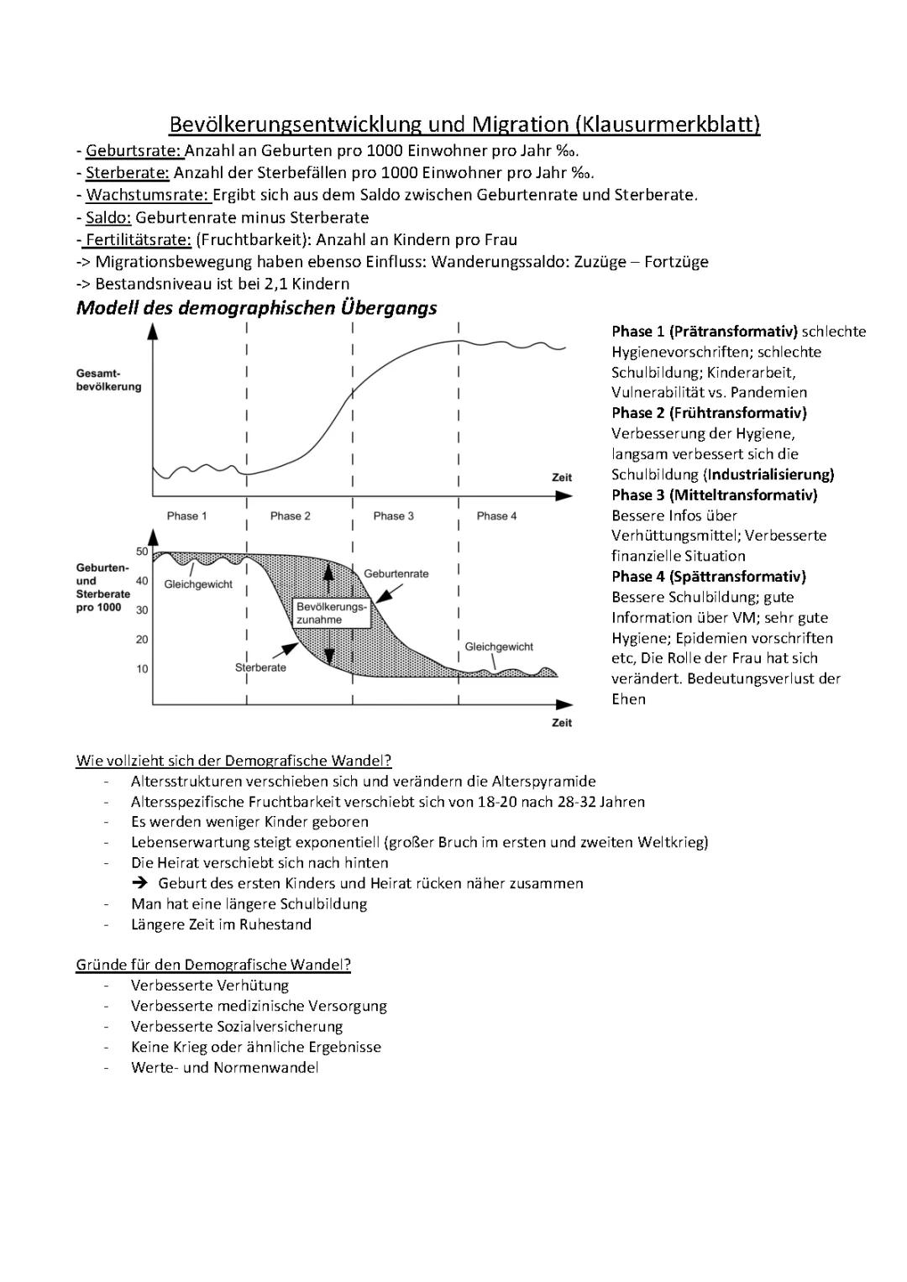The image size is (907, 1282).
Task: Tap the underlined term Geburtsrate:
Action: point(134,151)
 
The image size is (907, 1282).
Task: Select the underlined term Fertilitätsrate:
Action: point(138,239)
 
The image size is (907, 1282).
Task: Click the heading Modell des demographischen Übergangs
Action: point(256,307)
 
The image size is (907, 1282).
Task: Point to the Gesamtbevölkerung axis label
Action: point(109,379)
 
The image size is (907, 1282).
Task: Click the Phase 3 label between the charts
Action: point(394,515)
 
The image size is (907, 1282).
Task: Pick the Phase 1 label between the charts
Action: point(186,515)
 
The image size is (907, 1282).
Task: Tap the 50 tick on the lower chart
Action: point(142,552)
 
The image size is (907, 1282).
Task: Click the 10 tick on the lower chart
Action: point(142,669)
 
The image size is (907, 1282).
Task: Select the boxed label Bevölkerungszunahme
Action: point(331,613)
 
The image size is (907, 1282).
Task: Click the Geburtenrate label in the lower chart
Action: point(396,573)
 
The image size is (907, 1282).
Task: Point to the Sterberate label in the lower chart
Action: point(260,667)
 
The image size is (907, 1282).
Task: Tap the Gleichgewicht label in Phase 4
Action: point(499,646)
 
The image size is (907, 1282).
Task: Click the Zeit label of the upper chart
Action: point(562,477)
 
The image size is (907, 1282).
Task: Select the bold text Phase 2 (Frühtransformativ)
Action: point(709,412)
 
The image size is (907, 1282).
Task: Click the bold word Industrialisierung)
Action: point(770,474)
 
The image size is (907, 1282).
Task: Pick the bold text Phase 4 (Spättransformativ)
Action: point(708,576)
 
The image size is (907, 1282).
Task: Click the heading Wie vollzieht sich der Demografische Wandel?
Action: point(233,761)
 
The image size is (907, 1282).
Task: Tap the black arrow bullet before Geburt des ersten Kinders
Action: point(140,883)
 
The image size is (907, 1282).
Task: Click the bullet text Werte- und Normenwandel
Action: point(224,1068)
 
